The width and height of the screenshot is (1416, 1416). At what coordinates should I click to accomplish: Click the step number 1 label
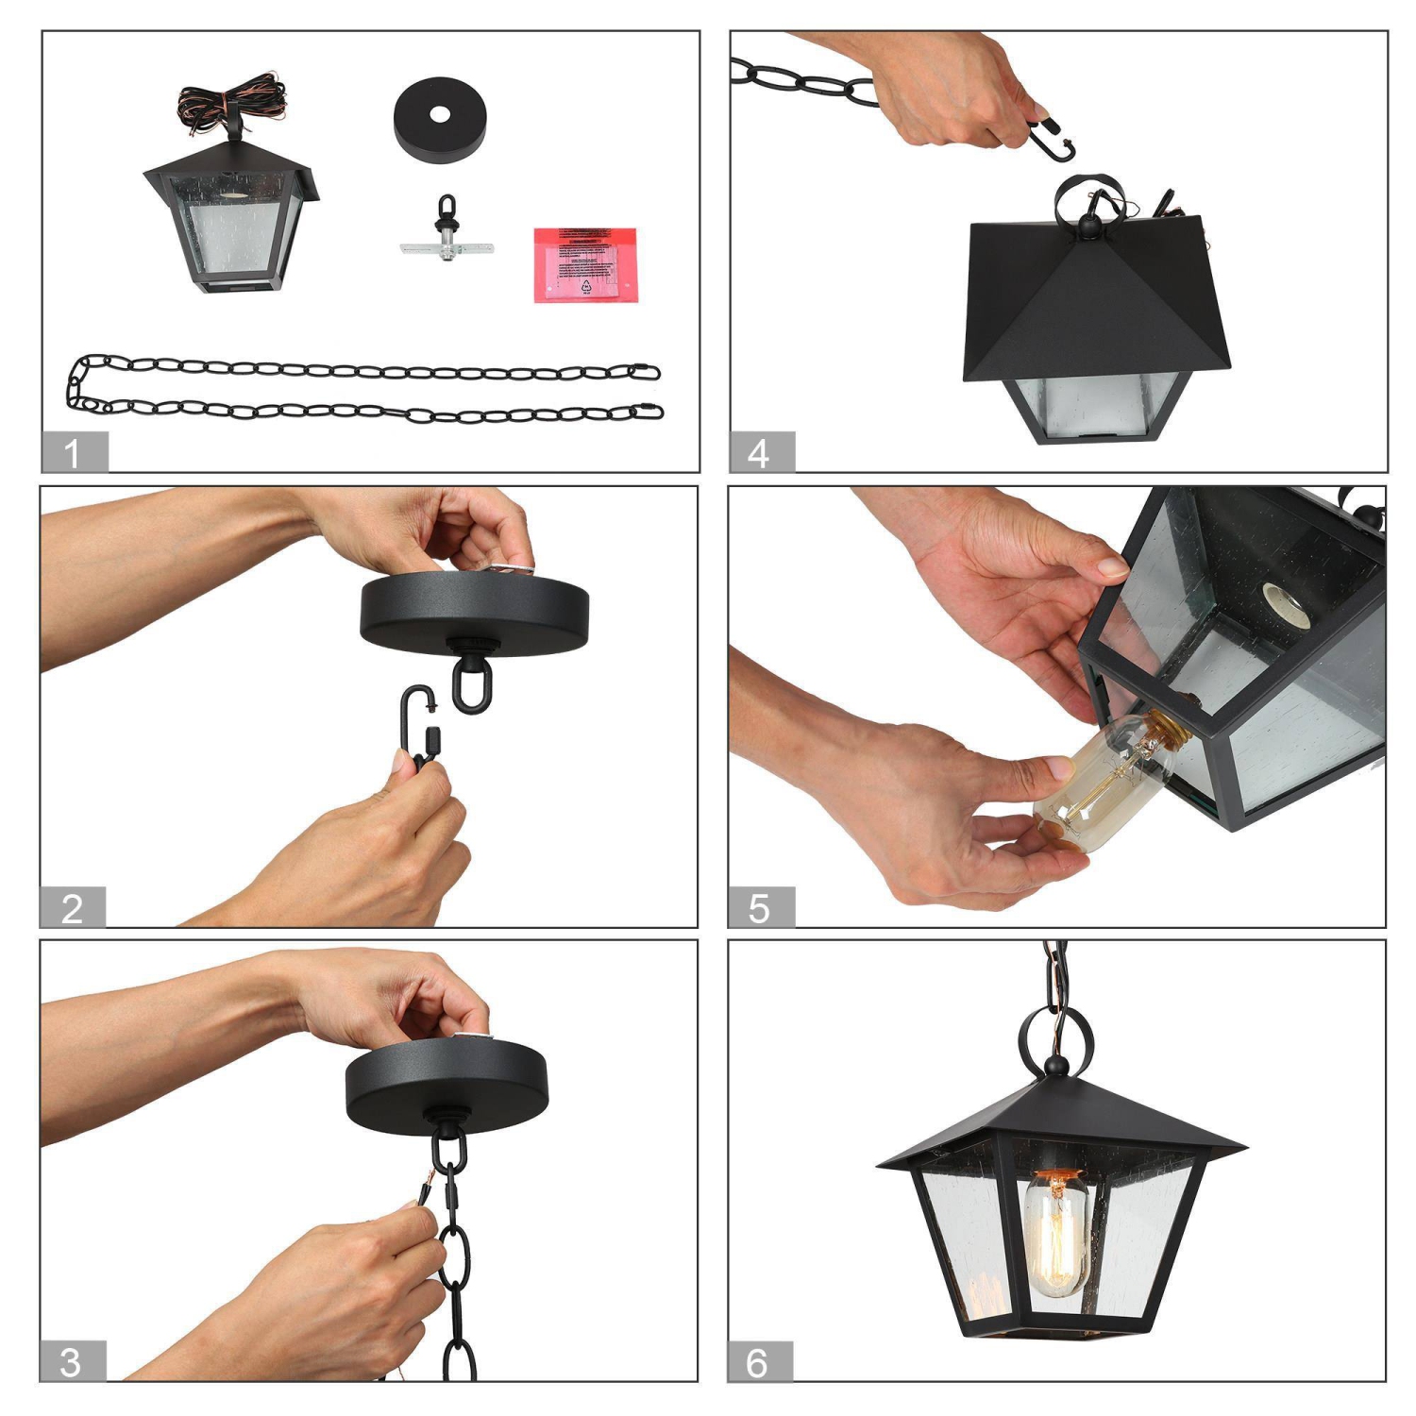point(74,452)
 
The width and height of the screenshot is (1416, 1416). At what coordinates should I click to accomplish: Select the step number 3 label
point(72,1361)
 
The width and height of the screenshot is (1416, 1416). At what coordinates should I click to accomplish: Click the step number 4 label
point(761,452)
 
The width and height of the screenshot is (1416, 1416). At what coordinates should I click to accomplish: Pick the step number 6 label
point(759,1361)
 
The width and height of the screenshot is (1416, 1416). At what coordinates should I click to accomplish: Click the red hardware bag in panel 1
point(585,264)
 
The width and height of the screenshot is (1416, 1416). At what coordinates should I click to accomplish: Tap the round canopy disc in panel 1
point(440,118)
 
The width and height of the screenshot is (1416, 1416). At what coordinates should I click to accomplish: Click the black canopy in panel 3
point(447,1086)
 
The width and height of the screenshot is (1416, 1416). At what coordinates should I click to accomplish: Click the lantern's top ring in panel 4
point(1086,198)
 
